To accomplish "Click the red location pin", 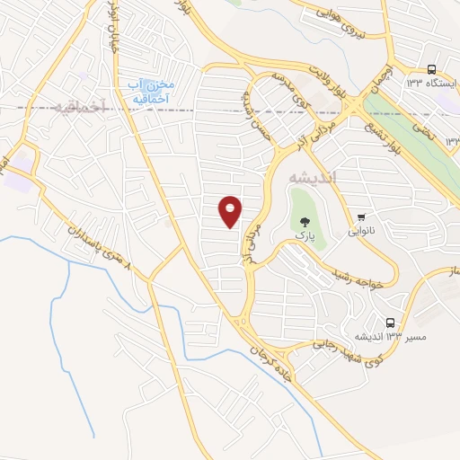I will (x=231, y=210).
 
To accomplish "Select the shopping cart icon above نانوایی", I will (x=361, y=217).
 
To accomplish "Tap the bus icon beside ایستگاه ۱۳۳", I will (x=432, y=69).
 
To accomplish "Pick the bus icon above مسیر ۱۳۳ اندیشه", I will (x=390, y=322).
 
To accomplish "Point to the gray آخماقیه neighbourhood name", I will (x=79, y=107).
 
